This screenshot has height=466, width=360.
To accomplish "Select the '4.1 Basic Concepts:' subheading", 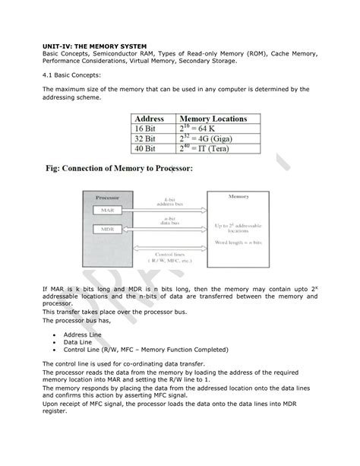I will point(72,74).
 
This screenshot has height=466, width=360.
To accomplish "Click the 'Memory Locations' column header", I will point(216,119).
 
